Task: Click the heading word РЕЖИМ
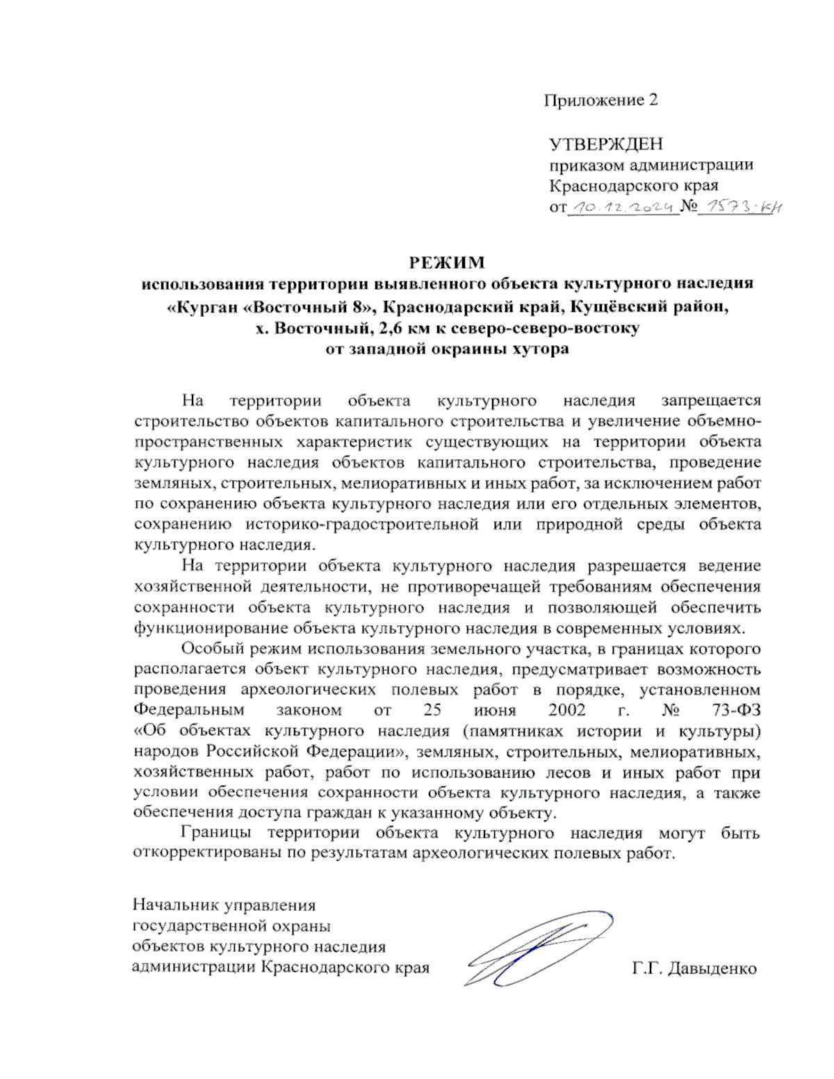pyautogui.click(x=446, y=263)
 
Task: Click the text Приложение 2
pyautogui.click(x=600, y=100)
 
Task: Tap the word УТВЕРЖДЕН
pyautogui.click(x=606, y=145)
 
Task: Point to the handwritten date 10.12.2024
pyautogui.click(x=623, y=207)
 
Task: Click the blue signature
pyautogui.click(x=539, y=948)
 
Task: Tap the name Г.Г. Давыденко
pyautogui.click(x=694, y=969)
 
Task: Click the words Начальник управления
pyautogui.click(x=224, y=906)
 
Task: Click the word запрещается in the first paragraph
pyautogui.click(x=711, y=401)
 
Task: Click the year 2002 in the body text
pyautogui.click(x=566, y=710)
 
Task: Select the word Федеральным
pyautogui.click(x=189, y=710)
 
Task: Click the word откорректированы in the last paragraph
pyautogui.click(x=207, y=854)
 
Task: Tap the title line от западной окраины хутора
pyautogui.click(x=447, y=349)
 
